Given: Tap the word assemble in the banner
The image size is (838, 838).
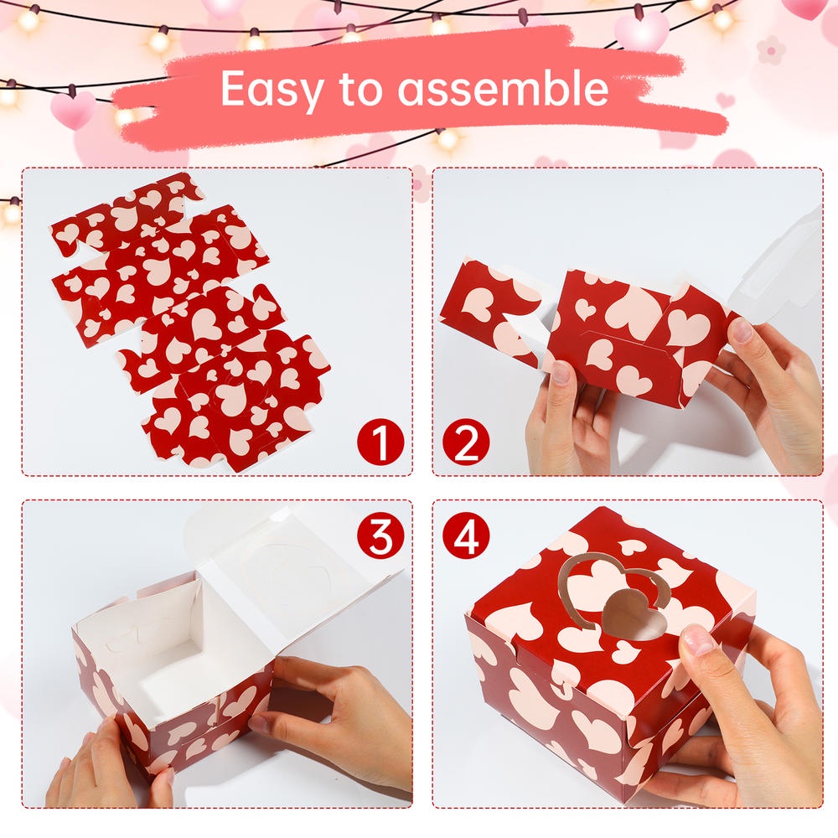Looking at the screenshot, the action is [x=503, y=88].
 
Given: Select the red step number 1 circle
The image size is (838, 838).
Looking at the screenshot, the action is [x=380, y=442].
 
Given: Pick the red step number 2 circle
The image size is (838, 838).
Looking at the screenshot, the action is [x=466, y=442].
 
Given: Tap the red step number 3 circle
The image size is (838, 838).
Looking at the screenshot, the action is [x=380, y=535].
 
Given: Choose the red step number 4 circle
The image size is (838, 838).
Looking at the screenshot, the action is [x=466, y=535].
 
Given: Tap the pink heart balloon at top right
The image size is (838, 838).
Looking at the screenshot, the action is [x=641, y=29].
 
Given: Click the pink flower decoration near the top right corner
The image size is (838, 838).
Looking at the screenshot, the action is [x=771, y=52].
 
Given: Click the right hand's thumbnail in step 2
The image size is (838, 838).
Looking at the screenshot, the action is [x=741, y=331].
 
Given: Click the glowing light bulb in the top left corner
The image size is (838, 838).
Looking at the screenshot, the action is [x=28, y=20].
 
